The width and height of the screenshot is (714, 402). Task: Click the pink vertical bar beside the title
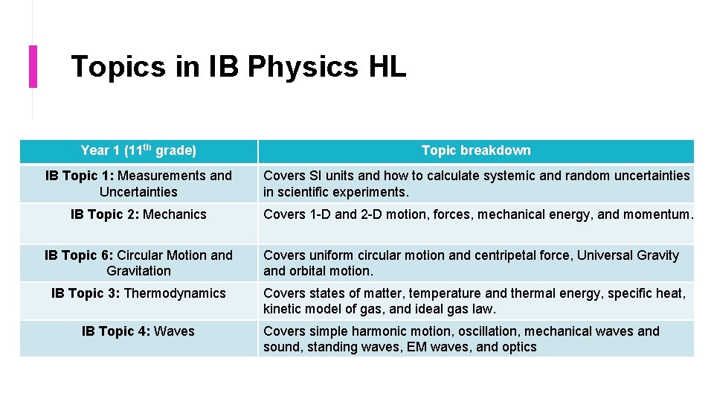[x=33, y=66]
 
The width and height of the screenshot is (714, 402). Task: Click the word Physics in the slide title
[x=302, y=67]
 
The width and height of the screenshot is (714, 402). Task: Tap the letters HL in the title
[x=387, y=67]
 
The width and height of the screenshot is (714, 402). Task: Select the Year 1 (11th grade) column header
[x=138, y=151]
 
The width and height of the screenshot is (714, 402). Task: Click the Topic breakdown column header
[x=476, y=151]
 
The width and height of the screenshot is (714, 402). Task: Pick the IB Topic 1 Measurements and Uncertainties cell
[x=138, y=184]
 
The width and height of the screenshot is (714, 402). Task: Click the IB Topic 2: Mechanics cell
[x=138, y=214]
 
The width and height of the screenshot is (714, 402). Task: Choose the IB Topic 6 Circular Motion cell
[x=138, y=263]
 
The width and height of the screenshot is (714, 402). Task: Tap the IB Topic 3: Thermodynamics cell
[x=138, y=293]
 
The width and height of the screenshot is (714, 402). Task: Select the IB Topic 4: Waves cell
[x=138, y=331]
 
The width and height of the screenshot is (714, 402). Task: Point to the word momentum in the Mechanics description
[x=658, y=214]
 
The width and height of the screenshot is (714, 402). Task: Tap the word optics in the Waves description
[x=518, y=347]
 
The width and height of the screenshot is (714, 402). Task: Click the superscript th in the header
[x=147, y=147]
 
